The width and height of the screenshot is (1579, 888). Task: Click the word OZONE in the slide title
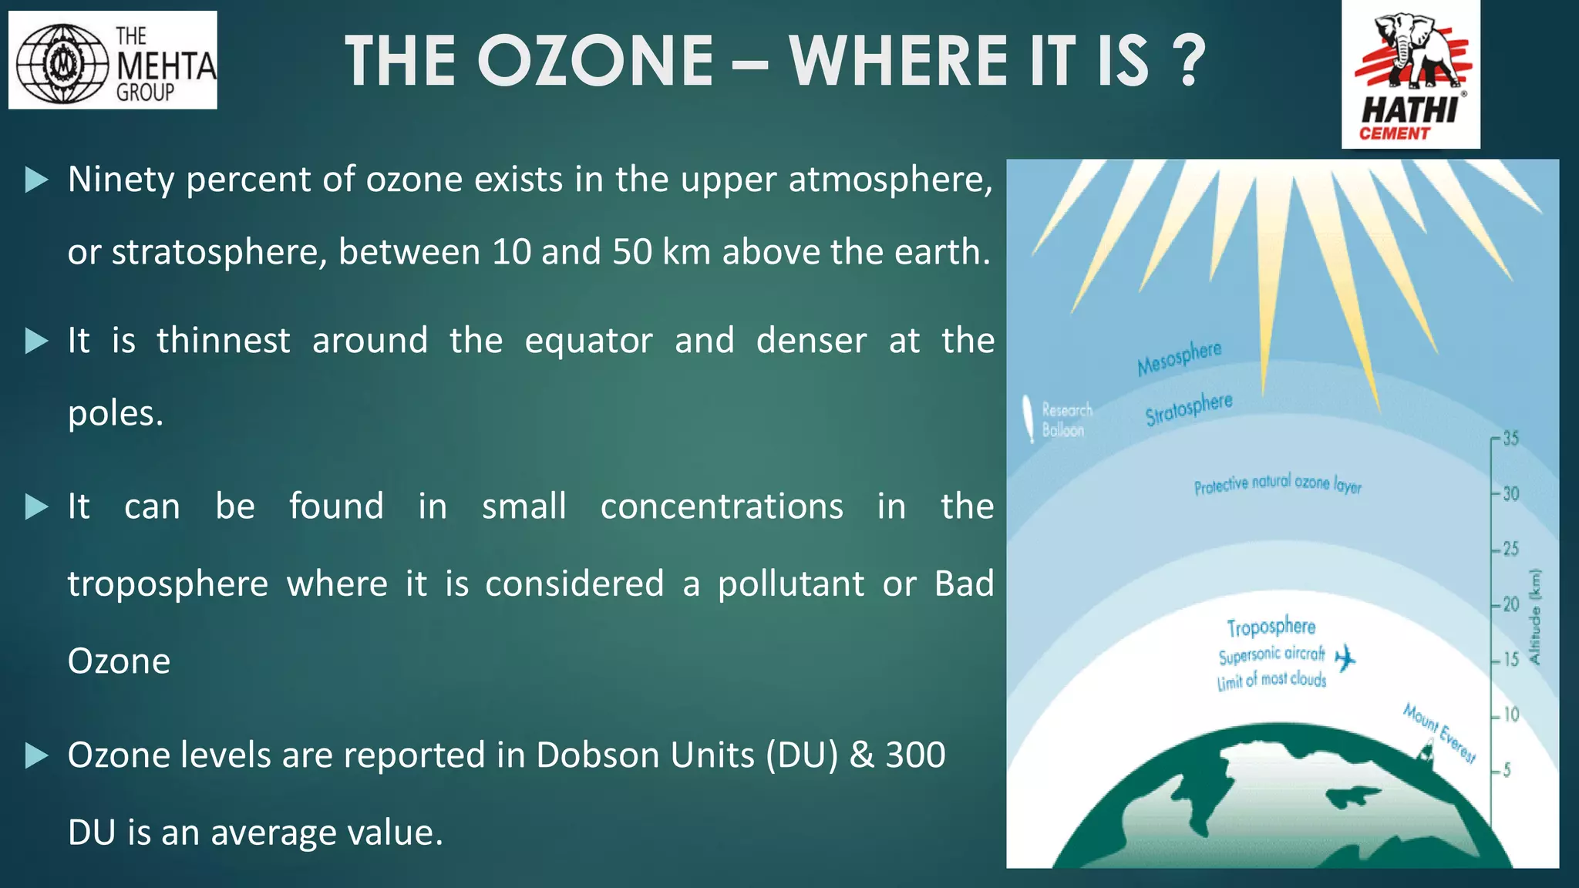[x=595, y=62]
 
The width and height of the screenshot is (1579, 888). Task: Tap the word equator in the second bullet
[x=588, y=341]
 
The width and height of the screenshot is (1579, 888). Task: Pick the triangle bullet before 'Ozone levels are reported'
[x=36, y=755]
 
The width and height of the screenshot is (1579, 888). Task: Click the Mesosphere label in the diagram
[x=1179, y=358]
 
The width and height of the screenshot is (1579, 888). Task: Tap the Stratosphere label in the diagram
[x=1188, y=409]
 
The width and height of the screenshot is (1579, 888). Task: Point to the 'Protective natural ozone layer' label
[x=1278, y=484]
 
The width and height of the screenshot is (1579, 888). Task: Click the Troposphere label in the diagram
[x=1271, y=627]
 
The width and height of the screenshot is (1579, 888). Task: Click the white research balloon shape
[x=1029, y=419]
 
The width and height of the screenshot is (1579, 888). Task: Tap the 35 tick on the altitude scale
[x=1509, y=439]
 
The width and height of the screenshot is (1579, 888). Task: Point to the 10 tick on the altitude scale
[x=1510, y=715]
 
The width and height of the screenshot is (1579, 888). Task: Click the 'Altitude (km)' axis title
[x=1534, y=617]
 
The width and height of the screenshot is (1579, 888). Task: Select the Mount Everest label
[x=1439, y=732]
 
